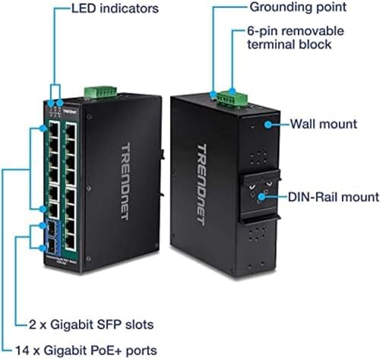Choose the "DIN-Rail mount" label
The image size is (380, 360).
click(x=333, y=197)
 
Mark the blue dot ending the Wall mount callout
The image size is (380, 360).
click(x=266, y=124)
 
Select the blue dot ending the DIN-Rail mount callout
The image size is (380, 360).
click(x=261, y=197)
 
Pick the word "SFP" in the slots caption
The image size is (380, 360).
click(x=122, y=324)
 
